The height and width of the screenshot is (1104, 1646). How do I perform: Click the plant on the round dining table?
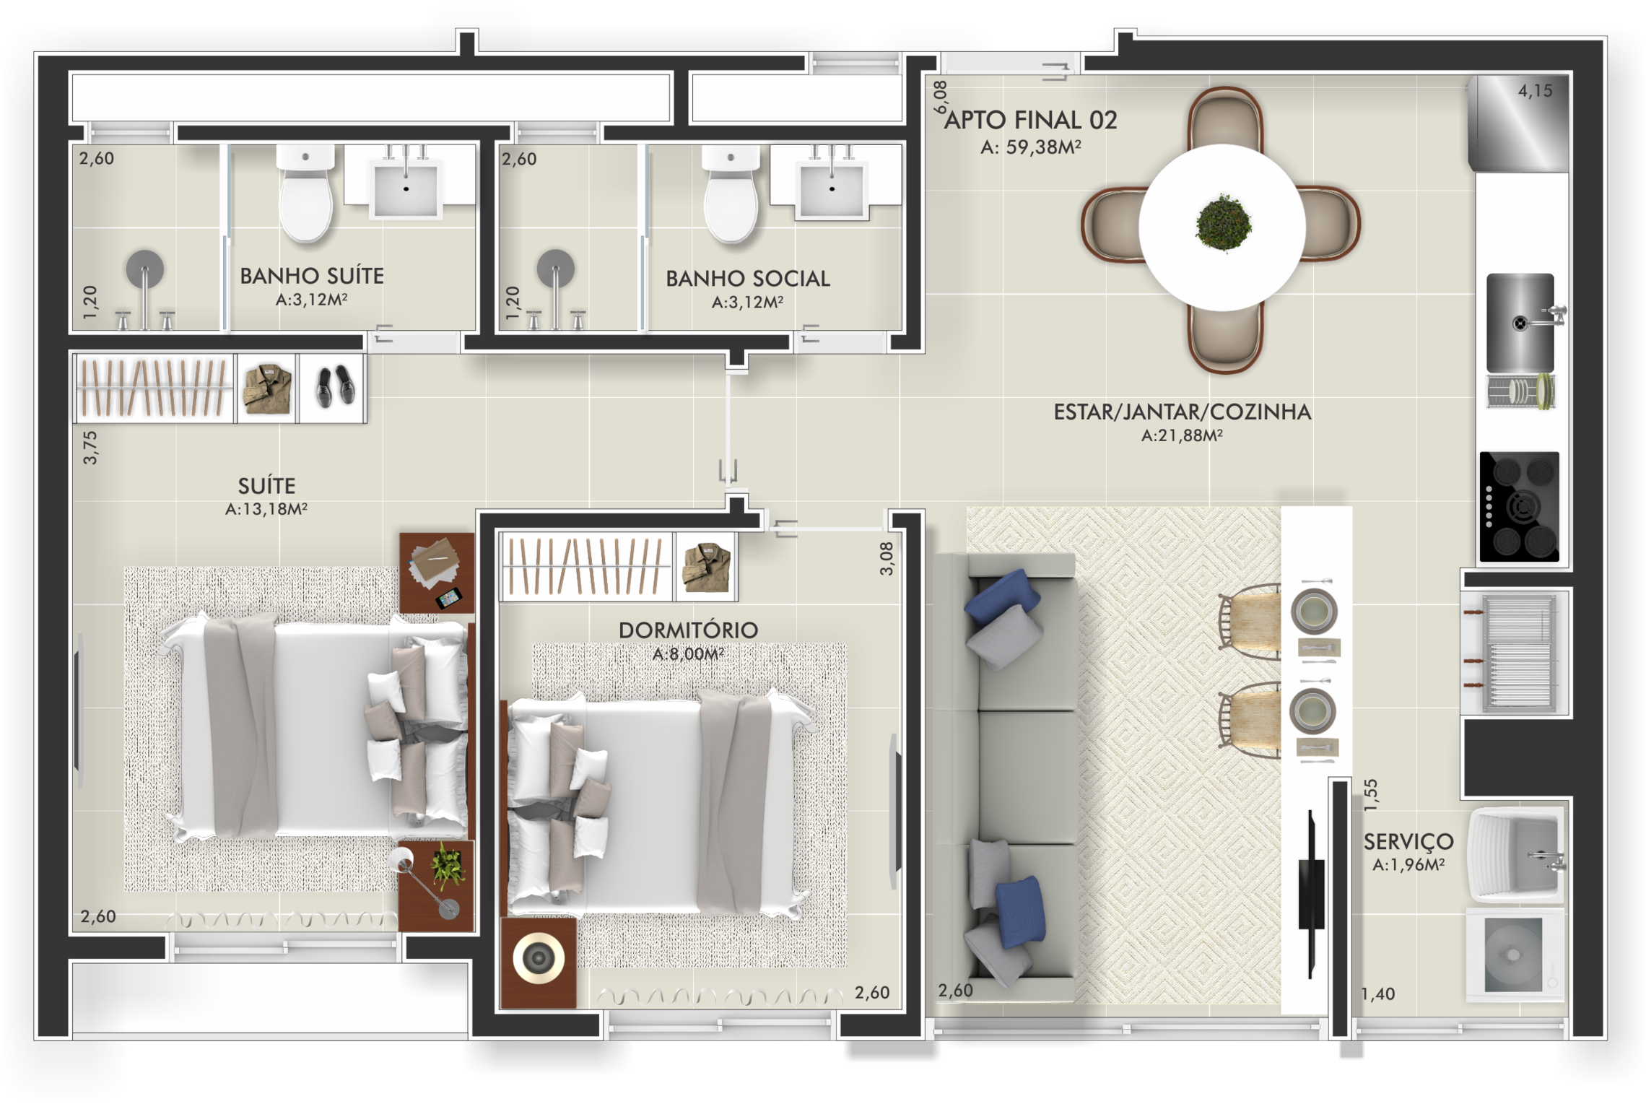1223,223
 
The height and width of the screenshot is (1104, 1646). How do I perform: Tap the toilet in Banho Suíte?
306,193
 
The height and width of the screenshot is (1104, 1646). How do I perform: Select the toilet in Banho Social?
731,193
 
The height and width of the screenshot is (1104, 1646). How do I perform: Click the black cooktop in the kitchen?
1519,507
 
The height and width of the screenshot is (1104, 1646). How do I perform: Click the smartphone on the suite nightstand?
448,599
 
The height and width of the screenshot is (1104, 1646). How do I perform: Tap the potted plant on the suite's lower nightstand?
448,866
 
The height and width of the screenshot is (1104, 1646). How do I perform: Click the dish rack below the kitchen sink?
1520,392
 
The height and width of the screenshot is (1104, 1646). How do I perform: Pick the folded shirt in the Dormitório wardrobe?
706,568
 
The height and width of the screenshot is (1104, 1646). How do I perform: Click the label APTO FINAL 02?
1030,120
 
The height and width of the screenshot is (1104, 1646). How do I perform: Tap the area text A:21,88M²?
1182,435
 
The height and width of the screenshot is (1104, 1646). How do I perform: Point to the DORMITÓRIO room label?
688,630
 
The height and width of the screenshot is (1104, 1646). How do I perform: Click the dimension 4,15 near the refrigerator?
1535,91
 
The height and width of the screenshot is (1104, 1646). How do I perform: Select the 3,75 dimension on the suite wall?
90,448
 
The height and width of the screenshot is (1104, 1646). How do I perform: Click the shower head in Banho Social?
556,269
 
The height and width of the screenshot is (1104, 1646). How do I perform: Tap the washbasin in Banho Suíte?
406,186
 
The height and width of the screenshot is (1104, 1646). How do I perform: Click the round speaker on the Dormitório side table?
539,958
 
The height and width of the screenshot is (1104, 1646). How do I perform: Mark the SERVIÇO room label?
1408,842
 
